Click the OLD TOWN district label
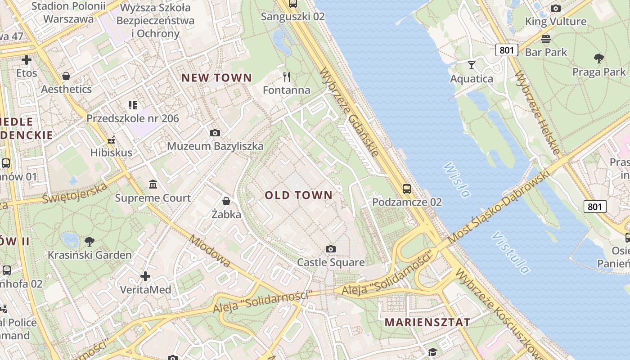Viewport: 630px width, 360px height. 298,195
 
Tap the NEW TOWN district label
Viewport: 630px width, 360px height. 216,77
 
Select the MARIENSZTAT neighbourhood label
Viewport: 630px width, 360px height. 427,322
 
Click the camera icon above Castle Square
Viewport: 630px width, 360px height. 331,249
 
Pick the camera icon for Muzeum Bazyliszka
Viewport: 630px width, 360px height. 215,133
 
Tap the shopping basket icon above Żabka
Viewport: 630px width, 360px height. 226,201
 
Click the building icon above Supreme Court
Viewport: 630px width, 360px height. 153,184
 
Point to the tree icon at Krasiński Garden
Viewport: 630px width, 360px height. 90,242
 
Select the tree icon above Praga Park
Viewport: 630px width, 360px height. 598,58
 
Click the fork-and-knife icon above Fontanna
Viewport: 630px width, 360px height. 287,76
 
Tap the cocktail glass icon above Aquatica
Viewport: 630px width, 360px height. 471,65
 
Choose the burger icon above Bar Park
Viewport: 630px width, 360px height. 546,39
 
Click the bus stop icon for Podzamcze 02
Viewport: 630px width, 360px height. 407,189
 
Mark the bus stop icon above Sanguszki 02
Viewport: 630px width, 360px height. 293,4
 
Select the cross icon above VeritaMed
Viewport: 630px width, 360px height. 145,276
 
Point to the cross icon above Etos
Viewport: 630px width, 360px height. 27,59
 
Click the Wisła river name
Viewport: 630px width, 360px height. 456,180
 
